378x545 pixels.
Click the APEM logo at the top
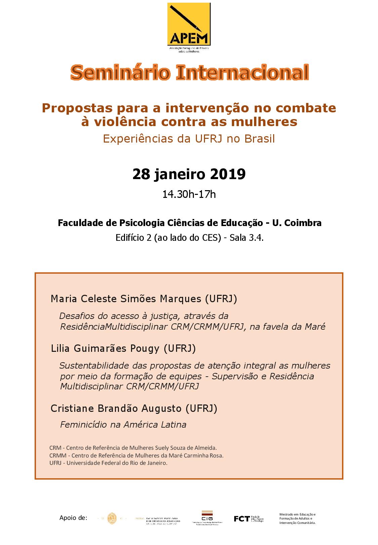pyautogui.click(x=189, y=25)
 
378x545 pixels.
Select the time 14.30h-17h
pyautogui.click(x=189, y=194)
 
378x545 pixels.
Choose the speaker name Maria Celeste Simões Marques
pyautogui.click(x=126, y=299)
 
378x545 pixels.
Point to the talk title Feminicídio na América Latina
pyautogui.click(x=123, y=425)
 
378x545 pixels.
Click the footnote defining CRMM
pyautogui.click(x=136, y=455)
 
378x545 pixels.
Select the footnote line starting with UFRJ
pyautogui.click(x=108, y=463)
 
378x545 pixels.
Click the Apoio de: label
pyautogui.click(x=73, y=518)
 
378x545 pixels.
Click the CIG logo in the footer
pyautogui.click(x=207, y=518)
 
